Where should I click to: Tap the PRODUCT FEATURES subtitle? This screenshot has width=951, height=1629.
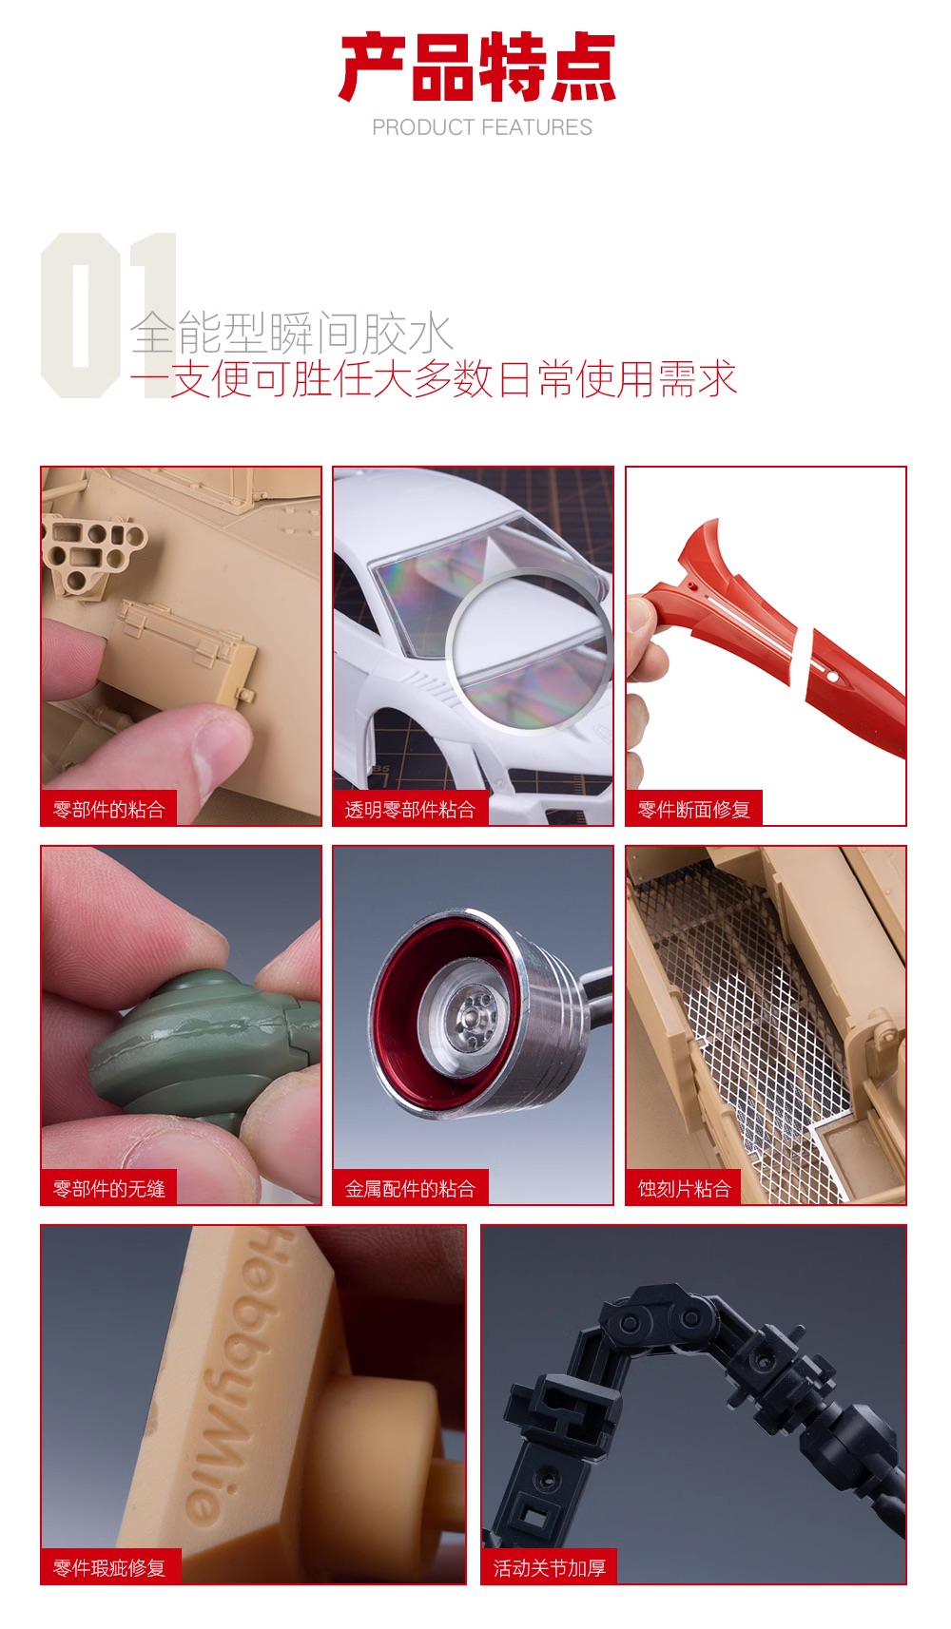coord(482,127)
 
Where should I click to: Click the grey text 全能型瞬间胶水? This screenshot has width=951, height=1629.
coord(291,334)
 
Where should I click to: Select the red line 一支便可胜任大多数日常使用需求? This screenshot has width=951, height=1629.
coord(434,379)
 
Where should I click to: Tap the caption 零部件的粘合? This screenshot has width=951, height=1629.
coord(109,810)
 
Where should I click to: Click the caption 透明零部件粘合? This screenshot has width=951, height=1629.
coord(411,810)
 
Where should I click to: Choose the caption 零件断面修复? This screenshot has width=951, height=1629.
coord(693,810)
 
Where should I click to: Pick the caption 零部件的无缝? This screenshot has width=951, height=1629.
coord(109,1189)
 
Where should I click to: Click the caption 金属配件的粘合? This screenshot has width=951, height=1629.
coord(411,1189)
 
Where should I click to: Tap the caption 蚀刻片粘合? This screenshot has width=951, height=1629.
coord(684,1189)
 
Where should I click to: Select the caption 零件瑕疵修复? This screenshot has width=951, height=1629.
coord(109,1568)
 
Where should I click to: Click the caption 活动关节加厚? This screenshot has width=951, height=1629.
coord(550,1568)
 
